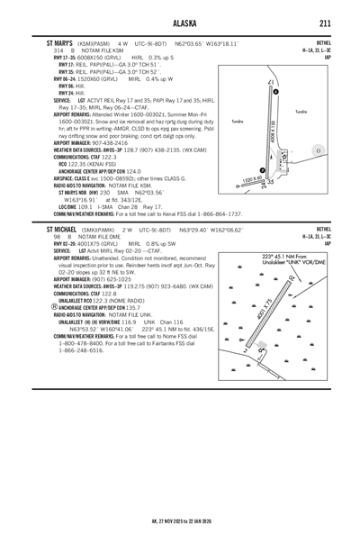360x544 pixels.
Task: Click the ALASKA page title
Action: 180,23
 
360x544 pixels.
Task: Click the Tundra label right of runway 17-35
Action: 326,111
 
